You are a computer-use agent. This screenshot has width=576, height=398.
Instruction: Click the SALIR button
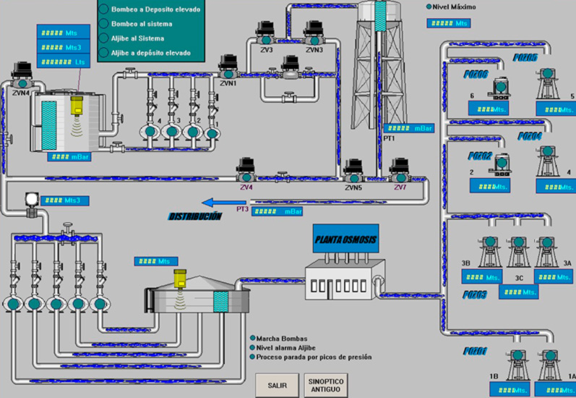click(272, 385)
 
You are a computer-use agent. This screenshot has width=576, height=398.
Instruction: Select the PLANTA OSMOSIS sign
click(345, 240)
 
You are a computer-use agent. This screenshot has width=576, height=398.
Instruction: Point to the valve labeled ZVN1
click(229, 65)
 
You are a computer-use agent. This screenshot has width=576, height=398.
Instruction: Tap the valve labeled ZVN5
click(353, 171)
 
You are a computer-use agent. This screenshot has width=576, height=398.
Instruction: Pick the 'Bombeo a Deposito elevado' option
click(104, 9)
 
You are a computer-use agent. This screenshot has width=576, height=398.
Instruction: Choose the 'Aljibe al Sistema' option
click(104, 38)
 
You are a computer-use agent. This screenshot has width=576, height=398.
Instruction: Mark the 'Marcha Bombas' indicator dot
click(252, 338)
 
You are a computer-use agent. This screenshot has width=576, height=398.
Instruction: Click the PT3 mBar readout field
click(278, 212)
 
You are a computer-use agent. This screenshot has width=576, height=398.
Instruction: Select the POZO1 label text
click(476, 352)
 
